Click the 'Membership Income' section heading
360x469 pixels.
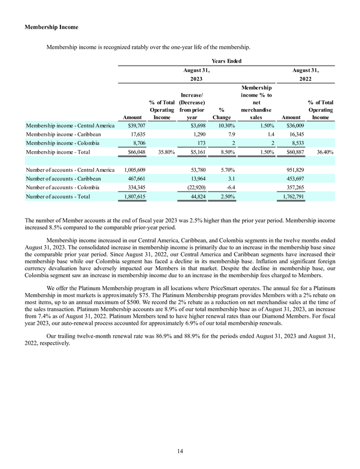(52, 28)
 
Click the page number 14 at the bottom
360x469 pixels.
(180, 451)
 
